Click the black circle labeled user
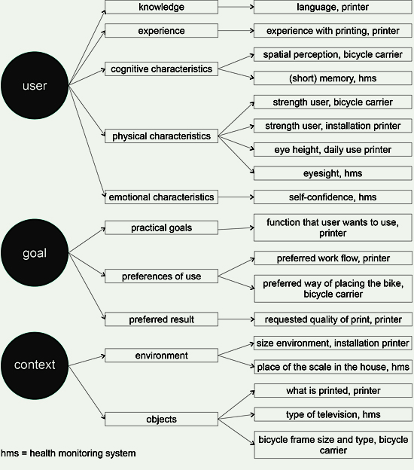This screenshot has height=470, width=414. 35,85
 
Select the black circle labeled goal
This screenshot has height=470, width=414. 35,252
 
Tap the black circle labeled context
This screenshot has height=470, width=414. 35,365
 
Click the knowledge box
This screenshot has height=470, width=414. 162,7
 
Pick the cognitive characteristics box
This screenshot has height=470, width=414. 162,69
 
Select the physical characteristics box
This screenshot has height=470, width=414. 162,136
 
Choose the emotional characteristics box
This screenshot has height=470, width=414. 162,197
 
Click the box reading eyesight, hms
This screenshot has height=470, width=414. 333,173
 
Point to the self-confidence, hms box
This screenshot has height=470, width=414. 333,197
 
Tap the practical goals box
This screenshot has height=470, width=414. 162,227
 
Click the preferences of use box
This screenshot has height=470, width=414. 162,276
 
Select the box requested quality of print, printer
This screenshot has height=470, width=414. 333,319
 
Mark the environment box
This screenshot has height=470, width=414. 162,356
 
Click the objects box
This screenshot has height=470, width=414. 162,419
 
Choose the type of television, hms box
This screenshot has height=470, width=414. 333,414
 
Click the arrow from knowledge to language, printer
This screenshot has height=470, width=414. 236,7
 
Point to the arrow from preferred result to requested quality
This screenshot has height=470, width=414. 236,319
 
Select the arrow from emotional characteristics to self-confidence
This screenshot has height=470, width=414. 236,197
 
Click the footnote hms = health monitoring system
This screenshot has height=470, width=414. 68,453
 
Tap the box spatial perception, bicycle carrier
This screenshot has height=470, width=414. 333,54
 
